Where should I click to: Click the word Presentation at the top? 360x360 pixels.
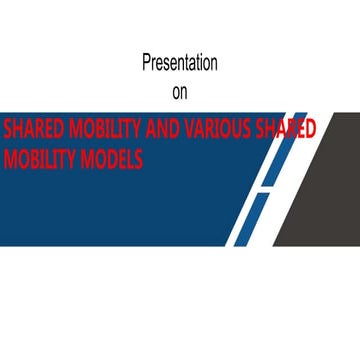point(180,64)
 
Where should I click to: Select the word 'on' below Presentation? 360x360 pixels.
point(180,92)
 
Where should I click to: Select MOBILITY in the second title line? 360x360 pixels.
point(39,158)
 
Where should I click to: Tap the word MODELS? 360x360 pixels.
point(113,158)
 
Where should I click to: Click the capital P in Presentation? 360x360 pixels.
point(146,64)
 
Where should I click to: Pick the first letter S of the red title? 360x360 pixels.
point(8,131)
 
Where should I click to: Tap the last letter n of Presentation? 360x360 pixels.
point(214,64)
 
